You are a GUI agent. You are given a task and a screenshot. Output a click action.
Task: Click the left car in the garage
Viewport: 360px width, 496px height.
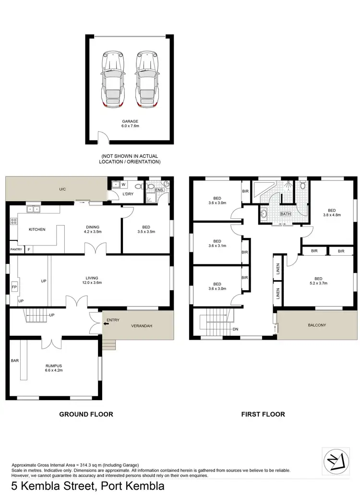pyautogui.click(x=111, y=79)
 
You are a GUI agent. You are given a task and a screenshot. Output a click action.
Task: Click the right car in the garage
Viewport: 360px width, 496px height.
pyautogui.click(x=146, y=79)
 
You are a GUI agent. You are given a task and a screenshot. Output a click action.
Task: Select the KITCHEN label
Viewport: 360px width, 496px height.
pyautogui.click(x=37, y=229)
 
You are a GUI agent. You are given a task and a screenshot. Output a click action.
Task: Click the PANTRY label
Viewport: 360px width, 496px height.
pyautogui.click(x=16, y=249)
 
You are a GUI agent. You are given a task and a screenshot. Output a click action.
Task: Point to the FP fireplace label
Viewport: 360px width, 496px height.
pyautogui.click(x=14, y=288)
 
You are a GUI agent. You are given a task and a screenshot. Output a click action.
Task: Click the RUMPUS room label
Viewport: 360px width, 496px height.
pyautogui.click(x=54, y=367)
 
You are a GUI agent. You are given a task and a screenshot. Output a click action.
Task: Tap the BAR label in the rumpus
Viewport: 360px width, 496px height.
pyautogui.click(x=14, y=360)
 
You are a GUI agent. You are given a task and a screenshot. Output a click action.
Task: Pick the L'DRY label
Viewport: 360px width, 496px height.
pyautogui.click(x=128, y=194)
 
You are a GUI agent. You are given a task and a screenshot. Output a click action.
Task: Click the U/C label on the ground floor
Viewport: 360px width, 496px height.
pyautogui.click(x=62, y=190)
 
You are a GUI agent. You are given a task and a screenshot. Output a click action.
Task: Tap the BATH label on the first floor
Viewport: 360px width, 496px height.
pyautogui.click(x=286, y=214)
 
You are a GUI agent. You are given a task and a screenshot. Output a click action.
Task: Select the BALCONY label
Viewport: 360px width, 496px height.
pyautogui.click(x=317, y=325)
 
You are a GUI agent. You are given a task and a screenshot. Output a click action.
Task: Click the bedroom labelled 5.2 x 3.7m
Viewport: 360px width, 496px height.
pyautogui.click(x=318, y=282)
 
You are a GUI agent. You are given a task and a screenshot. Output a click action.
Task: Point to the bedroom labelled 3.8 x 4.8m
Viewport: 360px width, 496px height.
pyautogui.click(x=332, y=213)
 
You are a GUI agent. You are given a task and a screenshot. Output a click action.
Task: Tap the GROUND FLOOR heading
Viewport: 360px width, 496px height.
pyautogui.click(x=86, y=414)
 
